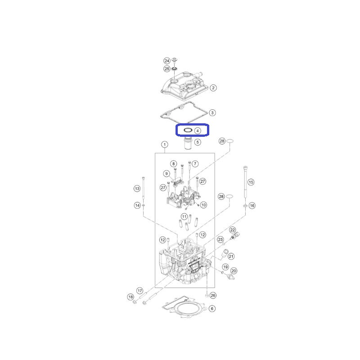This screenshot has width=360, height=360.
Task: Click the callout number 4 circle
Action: [198, 131]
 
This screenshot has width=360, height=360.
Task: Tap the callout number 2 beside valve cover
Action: [213, 88]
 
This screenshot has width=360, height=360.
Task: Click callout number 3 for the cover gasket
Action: [212, 113]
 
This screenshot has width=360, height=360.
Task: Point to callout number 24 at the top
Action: [167, 61]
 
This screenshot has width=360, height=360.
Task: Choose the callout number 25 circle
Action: [167, 69]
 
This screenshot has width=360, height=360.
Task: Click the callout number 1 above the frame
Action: [165, 144]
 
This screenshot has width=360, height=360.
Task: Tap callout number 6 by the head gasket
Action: [212, 309]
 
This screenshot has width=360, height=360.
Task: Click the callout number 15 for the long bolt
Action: [251, 182]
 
